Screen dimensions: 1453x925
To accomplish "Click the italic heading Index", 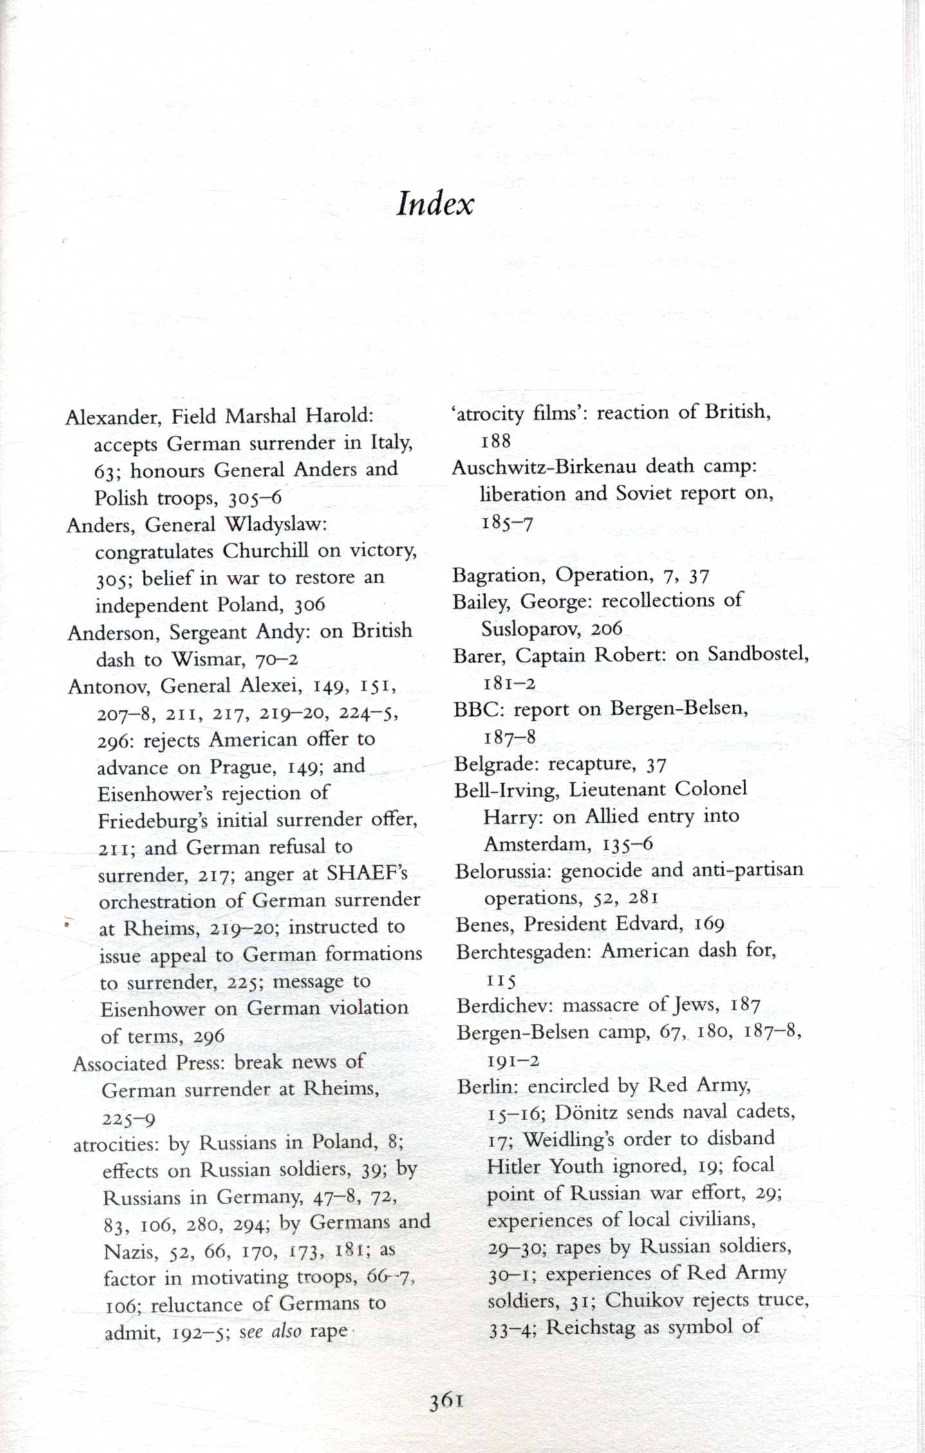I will [435, 205].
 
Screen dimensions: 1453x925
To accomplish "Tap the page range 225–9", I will [129, 1118].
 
